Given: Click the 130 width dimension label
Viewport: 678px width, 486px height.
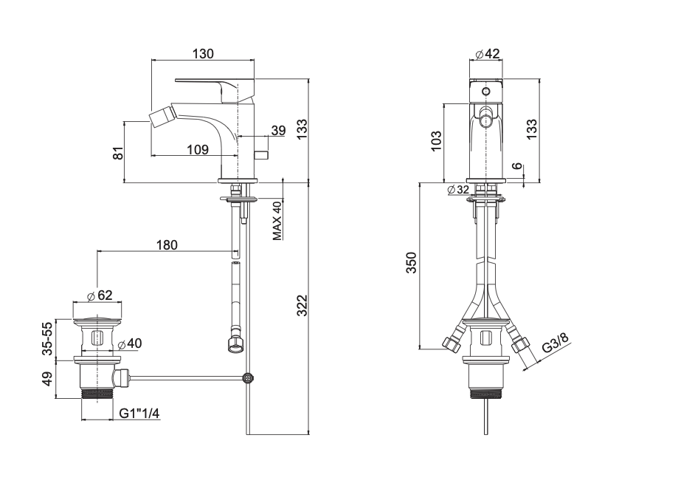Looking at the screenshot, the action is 203,54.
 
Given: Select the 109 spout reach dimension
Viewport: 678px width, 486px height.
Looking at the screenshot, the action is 198,150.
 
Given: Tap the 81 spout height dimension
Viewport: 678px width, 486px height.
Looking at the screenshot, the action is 119,153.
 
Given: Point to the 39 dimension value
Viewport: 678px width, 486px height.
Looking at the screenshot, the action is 278,130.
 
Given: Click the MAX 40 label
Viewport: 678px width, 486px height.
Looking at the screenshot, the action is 277,221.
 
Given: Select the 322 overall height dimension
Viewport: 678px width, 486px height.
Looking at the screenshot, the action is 302,305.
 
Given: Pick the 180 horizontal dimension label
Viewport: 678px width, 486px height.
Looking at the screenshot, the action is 167,245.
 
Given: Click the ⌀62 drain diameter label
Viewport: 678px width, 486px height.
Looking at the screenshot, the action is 100,295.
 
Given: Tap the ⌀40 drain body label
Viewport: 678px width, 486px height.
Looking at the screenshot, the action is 130,343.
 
